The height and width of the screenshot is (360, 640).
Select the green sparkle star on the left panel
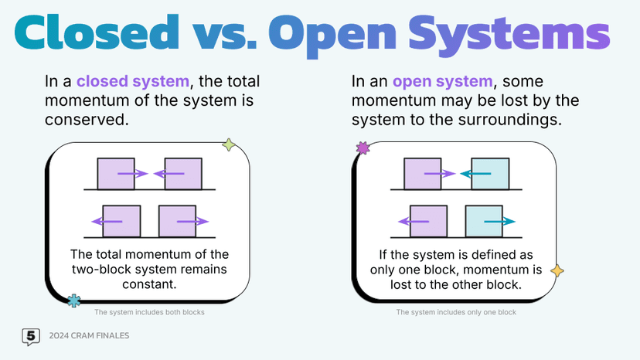pyautogui.click(x=228, y=144)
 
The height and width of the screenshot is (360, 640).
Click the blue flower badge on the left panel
pyautogui.click(x=73, y=301)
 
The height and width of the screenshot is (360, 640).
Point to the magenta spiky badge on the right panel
pyautogui.click(x=362, y=148)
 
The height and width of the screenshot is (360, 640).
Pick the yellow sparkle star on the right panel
pyautogui.click(x=557, y=270)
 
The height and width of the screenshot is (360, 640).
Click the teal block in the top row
pyautogui.click(x=490, y=173)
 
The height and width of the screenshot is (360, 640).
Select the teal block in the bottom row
pyautogui.click(x=484, y=221)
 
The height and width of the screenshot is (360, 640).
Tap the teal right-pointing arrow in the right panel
pyautogui.click(x=501, y=222)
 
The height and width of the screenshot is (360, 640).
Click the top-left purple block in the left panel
pyautogui.click(x=115, y=173)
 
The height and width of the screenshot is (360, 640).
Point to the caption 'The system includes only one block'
pyautogui.click(x=456, y=313)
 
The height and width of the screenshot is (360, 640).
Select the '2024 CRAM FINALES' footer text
pyautogui.click(x=88, y=337)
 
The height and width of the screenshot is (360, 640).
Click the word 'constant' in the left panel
pyautogui.click(x=150, y=284)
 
